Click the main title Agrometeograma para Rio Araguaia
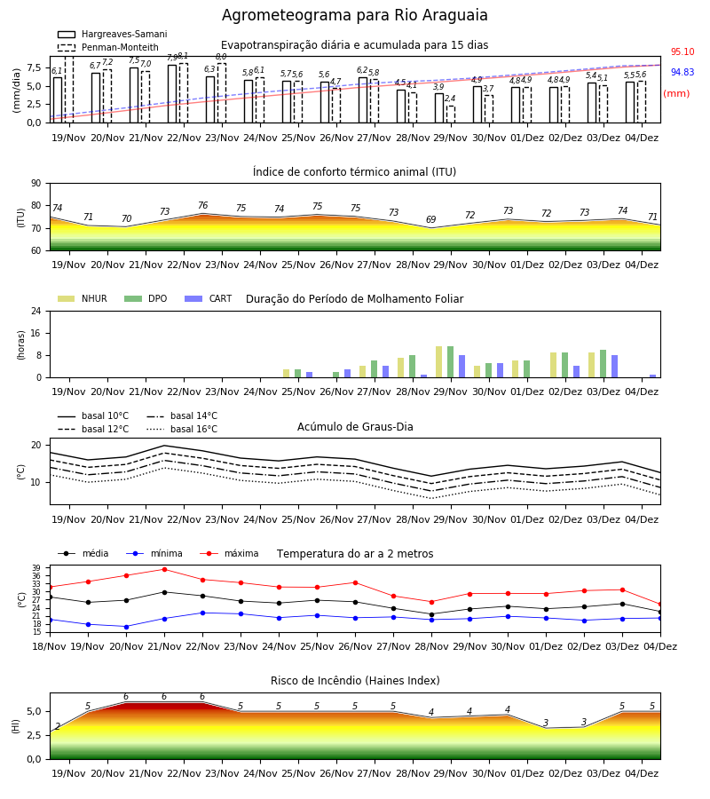point(354,15)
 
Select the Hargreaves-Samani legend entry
point(112,34)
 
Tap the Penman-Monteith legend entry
point(108,47)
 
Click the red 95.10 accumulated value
point(682,52)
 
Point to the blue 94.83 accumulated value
point(682,73)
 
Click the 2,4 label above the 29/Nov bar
point(450,99)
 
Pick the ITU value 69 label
point(431,219)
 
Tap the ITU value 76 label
point(202,205)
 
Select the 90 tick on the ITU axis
point(36,184)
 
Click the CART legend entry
point(208,298)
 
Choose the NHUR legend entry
point(83,298)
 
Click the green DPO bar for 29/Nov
point(450,362)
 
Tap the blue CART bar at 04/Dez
point(653,376)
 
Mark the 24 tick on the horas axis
point(36,312)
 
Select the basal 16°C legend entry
point(182,429)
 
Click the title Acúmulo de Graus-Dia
point(355,427)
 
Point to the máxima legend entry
point(229,553)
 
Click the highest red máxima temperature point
point(164,569)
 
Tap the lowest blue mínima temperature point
point(126,627)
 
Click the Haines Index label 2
point(58,726)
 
